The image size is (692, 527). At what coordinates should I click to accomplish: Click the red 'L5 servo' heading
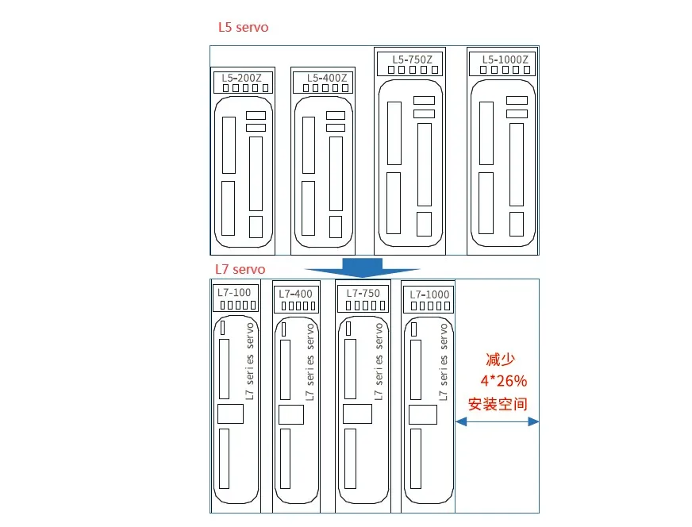[x=244, y=28]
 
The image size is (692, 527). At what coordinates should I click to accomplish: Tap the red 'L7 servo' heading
[x=240, y=270]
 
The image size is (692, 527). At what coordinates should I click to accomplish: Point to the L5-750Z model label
[x=412, y=59]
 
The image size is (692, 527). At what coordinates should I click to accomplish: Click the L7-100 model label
[x=234, y=293]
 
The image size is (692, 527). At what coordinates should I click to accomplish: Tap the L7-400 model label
[x=295, y=294]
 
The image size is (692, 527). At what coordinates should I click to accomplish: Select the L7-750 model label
[x=362, y=293]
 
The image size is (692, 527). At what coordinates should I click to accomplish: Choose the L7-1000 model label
[x=429, y=294]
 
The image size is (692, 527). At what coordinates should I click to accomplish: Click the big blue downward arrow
[x=363, y=267]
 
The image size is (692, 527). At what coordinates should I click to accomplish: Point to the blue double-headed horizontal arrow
[x=497, y=422]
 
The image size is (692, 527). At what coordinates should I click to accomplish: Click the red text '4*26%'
[x=503, y=380]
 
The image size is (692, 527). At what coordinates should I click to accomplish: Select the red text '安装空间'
[x=498, y=404]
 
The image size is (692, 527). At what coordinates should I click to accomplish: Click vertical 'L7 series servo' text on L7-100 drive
[x=249, y=361]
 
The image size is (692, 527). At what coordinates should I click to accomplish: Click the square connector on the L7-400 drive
[x=292, y=415]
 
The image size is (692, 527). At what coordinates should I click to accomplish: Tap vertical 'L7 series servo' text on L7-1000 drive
[x=444, y=361]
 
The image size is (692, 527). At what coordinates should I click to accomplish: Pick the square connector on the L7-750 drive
[x=356, y=414]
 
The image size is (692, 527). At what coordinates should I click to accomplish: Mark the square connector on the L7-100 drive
[x=231, y=414]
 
